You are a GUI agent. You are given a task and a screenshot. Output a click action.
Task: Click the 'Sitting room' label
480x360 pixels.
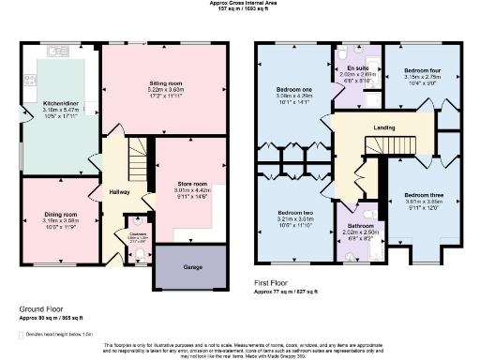pos(165,83)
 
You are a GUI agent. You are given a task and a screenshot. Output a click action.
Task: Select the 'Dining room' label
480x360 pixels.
pos(59,215)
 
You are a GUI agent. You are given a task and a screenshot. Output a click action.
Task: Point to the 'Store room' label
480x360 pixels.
pos(190,184)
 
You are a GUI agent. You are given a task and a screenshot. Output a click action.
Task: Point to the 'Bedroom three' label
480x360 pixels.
pos(423,194)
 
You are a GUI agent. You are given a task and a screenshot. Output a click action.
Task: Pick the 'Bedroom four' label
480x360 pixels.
pos(423,70)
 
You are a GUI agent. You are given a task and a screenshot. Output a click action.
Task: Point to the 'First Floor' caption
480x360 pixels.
pos(274,282)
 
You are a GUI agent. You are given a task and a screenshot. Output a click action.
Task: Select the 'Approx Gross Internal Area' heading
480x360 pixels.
pos(241,4)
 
